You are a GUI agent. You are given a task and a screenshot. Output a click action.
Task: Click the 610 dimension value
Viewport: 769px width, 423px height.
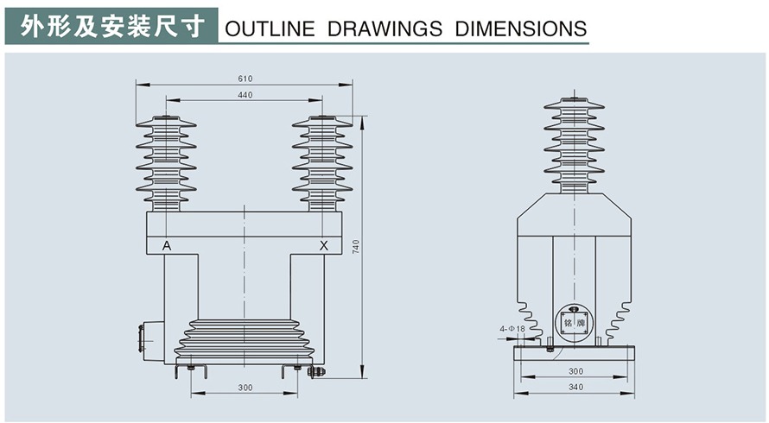pyautogui.click(x=245, y=79)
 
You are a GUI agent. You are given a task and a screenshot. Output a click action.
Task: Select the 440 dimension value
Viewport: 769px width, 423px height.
pyautogui.click(x=245, y=96)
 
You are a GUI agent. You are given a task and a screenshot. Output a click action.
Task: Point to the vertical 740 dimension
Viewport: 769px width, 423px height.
pyautogui.click(x=355, y=246)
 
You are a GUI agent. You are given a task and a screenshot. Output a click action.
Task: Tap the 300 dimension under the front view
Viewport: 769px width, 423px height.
pyautogui.click(x=245, y=388)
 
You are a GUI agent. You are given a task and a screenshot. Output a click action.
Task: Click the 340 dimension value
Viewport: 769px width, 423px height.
pyautogui.click(x=576, y=388)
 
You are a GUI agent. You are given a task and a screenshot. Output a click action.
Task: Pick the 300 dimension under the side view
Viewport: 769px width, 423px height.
pyautogui.click(x=576, y=371)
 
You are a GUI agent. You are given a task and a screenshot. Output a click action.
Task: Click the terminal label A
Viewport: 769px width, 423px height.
pyautogui.click(x=167, y=246)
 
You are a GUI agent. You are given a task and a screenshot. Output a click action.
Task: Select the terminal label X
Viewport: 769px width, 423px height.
pyautogui.click(x=324, y=246)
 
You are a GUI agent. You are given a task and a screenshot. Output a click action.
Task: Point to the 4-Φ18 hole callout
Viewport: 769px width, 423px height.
pyautogui.click(x=512, y=329)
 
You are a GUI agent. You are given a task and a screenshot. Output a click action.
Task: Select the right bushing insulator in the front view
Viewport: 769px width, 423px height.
pyautogui.click(x=322, y=163)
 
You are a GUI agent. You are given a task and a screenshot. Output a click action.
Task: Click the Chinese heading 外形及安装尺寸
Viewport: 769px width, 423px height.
pyautogui.click(x=113, y=26)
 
